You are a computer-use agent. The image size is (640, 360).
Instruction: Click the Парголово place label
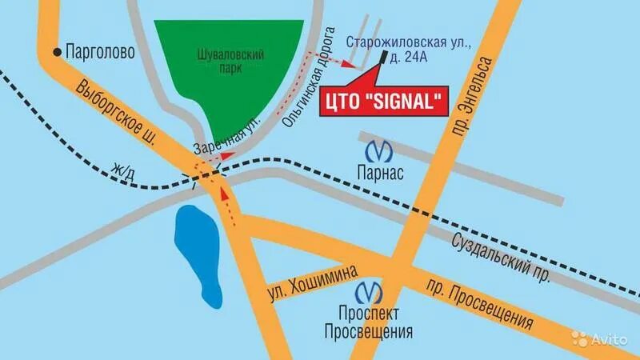click(99, 52)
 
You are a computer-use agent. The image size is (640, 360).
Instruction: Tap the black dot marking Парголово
click(56, 52)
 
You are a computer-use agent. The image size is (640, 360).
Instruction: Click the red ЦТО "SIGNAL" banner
click(382, 102)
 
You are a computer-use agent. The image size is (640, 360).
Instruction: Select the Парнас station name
click(378, 173)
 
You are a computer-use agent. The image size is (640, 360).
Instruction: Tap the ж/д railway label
click(125, 169)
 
